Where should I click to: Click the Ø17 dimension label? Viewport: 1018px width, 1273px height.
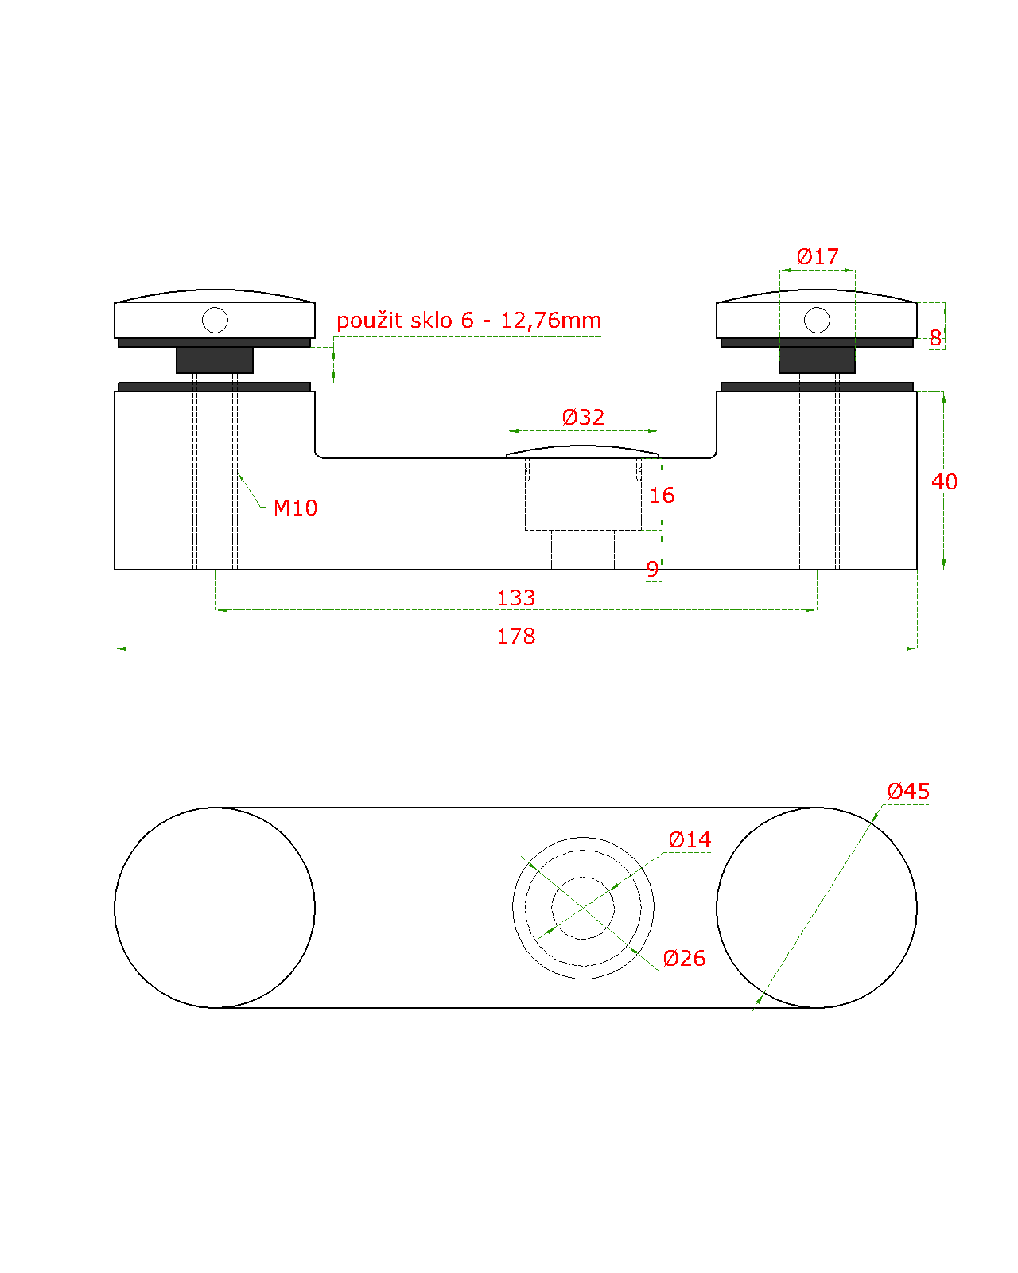click(x=817, y=256)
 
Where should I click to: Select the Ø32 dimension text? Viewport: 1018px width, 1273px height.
click(x=583, y=417)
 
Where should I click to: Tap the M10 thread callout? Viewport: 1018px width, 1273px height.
click(x=295, y=508)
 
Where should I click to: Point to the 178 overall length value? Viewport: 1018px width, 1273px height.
click(x=516, y=636)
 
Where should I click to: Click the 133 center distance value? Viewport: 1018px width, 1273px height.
click(x=516, y=598)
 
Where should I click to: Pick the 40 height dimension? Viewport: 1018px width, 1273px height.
click(x=944, y=481)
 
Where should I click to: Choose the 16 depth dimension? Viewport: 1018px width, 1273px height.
click(x=662, y=495)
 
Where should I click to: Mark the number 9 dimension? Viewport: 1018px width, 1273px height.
click(x=652, y=569)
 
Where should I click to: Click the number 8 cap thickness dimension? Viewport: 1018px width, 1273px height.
click(x=935, y=338)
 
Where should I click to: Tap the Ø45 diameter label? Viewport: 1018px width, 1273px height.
click(x=908, y=791)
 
